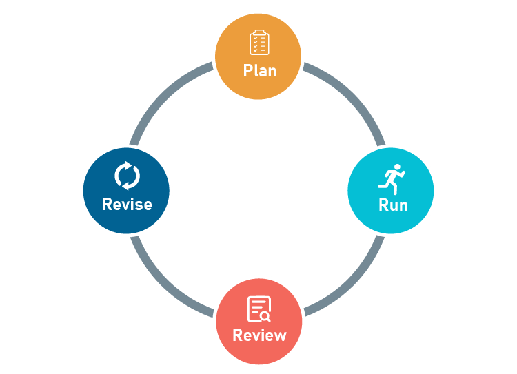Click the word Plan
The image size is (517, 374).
click(x=260, y=70)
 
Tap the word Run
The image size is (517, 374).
click(x=393, y=205)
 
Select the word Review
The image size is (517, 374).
click(x=259, y=335)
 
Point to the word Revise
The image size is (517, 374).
click(x=127, y=204)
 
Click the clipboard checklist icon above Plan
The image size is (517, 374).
click(x=259, y=42)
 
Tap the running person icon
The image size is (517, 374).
click(x=392, y=179)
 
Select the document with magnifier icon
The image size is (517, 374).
click(x=259, y=309)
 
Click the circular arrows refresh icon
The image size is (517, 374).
click(x=128, y=176)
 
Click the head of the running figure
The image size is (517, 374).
click(x=397, y=167)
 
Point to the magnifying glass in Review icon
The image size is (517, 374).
click(x=265, y=317)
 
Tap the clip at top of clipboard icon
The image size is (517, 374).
click(x=259, y=32)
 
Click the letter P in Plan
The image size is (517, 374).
click(x=248, y=70)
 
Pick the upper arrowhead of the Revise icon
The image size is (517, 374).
click(x=128, y=165)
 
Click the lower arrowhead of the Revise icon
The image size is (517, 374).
click(x=125, y=186)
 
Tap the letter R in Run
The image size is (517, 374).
click(x=383, y=205)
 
